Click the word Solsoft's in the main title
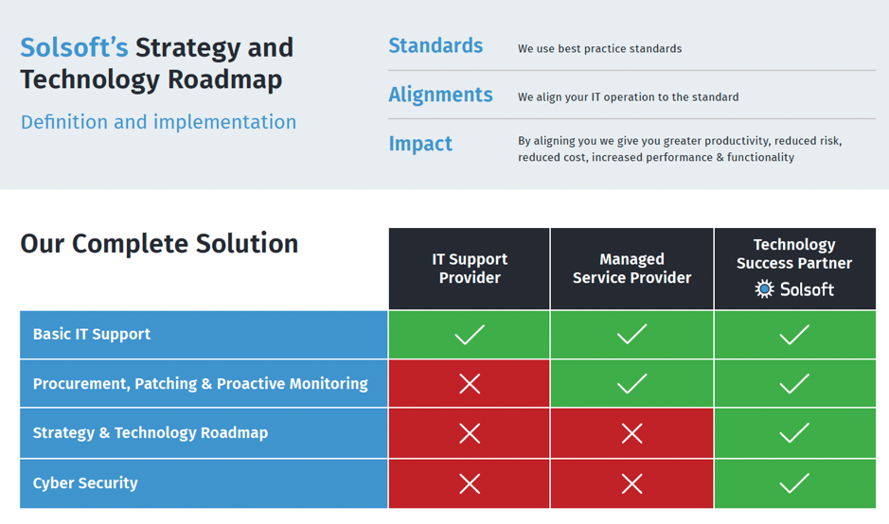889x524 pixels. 74,47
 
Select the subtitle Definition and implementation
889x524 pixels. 158,122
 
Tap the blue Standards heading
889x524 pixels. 436,45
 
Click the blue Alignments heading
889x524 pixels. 440,95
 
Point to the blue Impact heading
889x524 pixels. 420,144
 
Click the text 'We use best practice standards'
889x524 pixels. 599,49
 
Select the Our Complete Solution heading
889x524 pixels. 159,244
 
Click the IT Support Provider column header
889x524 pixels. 470,268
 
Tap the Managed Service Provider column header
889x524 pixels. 631,268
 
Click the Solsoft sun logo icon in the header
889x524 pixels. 764,288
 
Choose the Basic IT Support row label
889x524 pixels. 91,334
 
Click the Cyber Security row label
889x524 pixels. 85,483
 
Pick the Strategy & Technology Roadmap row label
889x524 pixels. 151,433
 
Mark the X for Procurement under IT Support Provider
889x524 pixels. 470,383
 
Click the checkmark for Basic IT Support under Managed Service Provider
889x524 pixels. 631,334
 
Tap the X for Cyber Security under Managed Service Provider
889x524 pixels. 631,483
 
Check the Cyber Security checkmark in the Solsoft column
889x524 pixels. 793,483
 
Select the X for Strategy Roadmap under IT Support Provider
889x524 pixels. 470,433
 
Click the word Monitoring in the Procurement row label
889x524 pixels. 329,384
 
